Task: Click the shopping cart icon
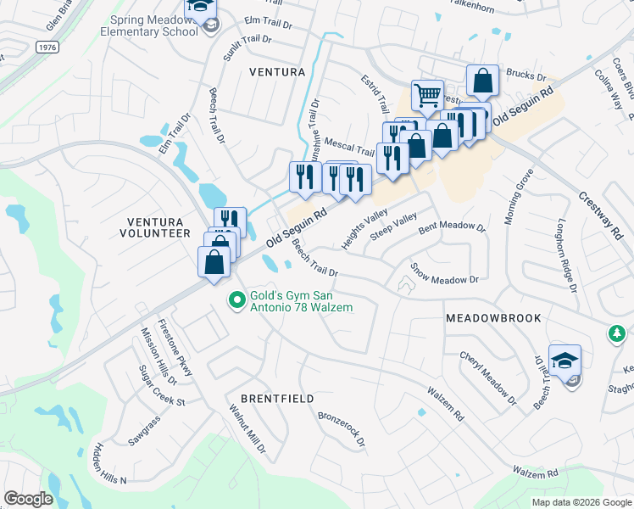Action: tap(427, 94)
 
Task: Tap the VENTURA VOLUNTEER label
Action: tap(154, 227)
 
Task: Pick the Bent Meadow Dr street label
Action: tap(452, 227)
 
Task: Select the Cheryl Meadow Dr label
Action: tap(487, 376)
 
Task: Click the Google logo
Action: tap(29, 499)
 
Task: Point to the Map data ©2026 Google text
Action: tap(581, 502)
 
